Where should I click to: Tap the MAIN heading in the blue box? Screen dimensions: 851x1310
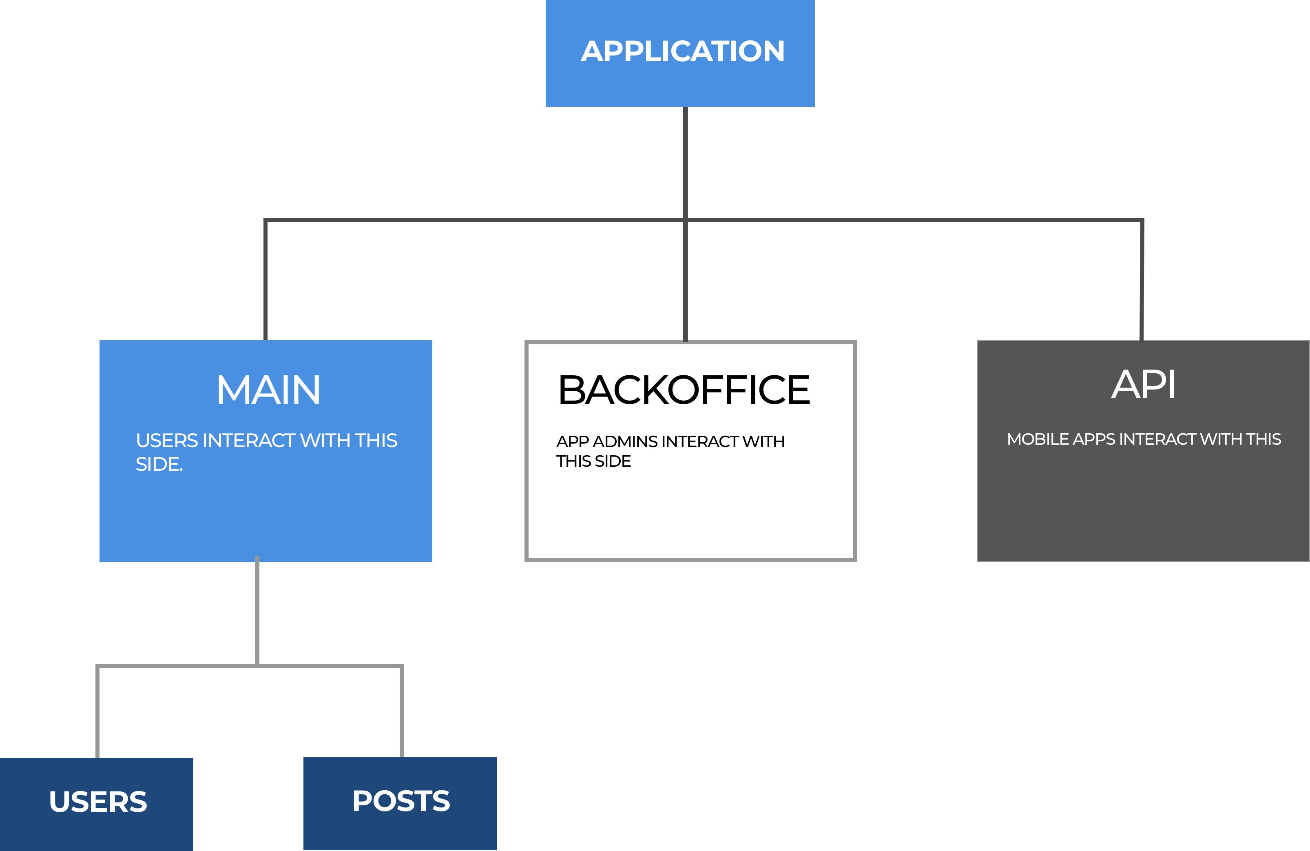[268, 390]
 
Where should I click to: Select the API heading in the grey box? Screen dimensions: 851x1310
[1143, 384]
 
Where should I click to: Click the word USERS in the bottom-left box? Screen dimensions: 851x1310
[98, 802]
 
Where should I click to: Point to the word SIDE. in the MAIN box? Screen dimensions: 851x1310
[159, 465]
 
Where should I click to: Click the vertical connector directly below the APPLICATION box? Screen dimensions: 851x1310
[685, 162]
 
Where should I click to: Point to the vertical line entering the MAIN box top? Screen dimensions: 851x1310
[265, 281]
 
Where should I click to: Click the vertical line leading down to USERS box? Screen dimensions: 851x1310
[97, 713]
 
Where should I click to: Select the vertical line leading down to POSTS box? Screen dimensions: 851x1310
[401, 713]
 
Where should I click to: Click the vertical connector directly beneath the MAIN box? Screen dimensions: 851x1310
[257, 611]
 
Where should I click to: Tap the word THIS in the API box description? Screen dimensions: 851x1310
[1263, 439]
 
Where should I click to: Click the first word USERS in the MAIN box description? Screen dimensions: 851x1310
[167, 440]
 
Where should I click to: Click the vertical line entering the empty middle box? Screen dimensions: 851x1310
[685, 281]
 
